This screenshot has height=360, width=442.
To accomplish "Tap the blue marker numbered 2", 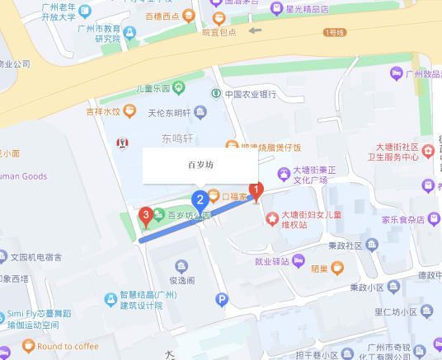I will coord(199,199).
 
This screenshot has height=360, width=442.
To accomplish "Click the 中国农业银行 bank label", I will coord(250,94).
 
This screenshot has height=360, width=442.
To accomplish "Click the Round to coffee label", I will coord(68,346).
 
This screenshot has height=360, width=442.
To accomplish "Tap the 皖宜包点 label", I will coord(219,32).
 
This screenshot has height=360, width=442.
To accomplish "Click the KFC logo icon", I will coord(122,143).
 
